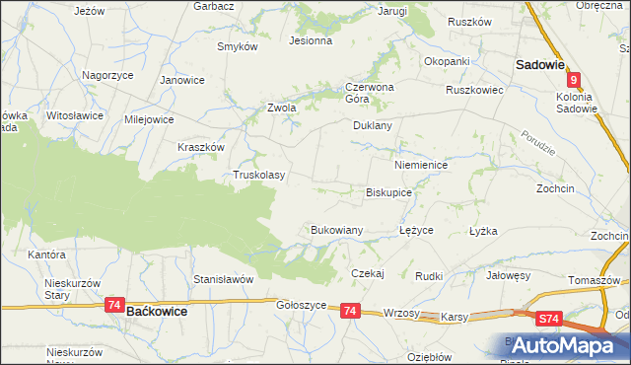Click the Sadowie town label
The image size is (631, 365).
point(539,65)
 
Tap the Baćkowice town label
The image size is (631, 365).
point(158,310)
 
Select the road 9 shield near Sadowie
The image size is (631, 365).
point(573,84)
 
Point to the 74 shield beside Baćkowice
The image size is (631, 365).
point(115,307)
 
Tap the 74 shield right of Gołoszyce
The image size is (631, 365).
point(349,311)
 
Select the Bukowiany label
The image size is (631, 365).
point(337,230)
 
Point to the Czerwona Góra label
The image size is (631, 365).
point(370,92)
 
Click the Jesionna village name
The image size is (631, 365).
point(310,41)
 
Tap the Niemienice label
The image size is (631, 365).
point(421,166)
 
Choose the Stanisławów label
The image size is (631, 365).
point(224,279)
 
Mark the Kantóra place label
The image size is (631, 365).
point(46,255)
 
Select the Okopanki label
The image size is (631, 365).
point(447,61)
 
